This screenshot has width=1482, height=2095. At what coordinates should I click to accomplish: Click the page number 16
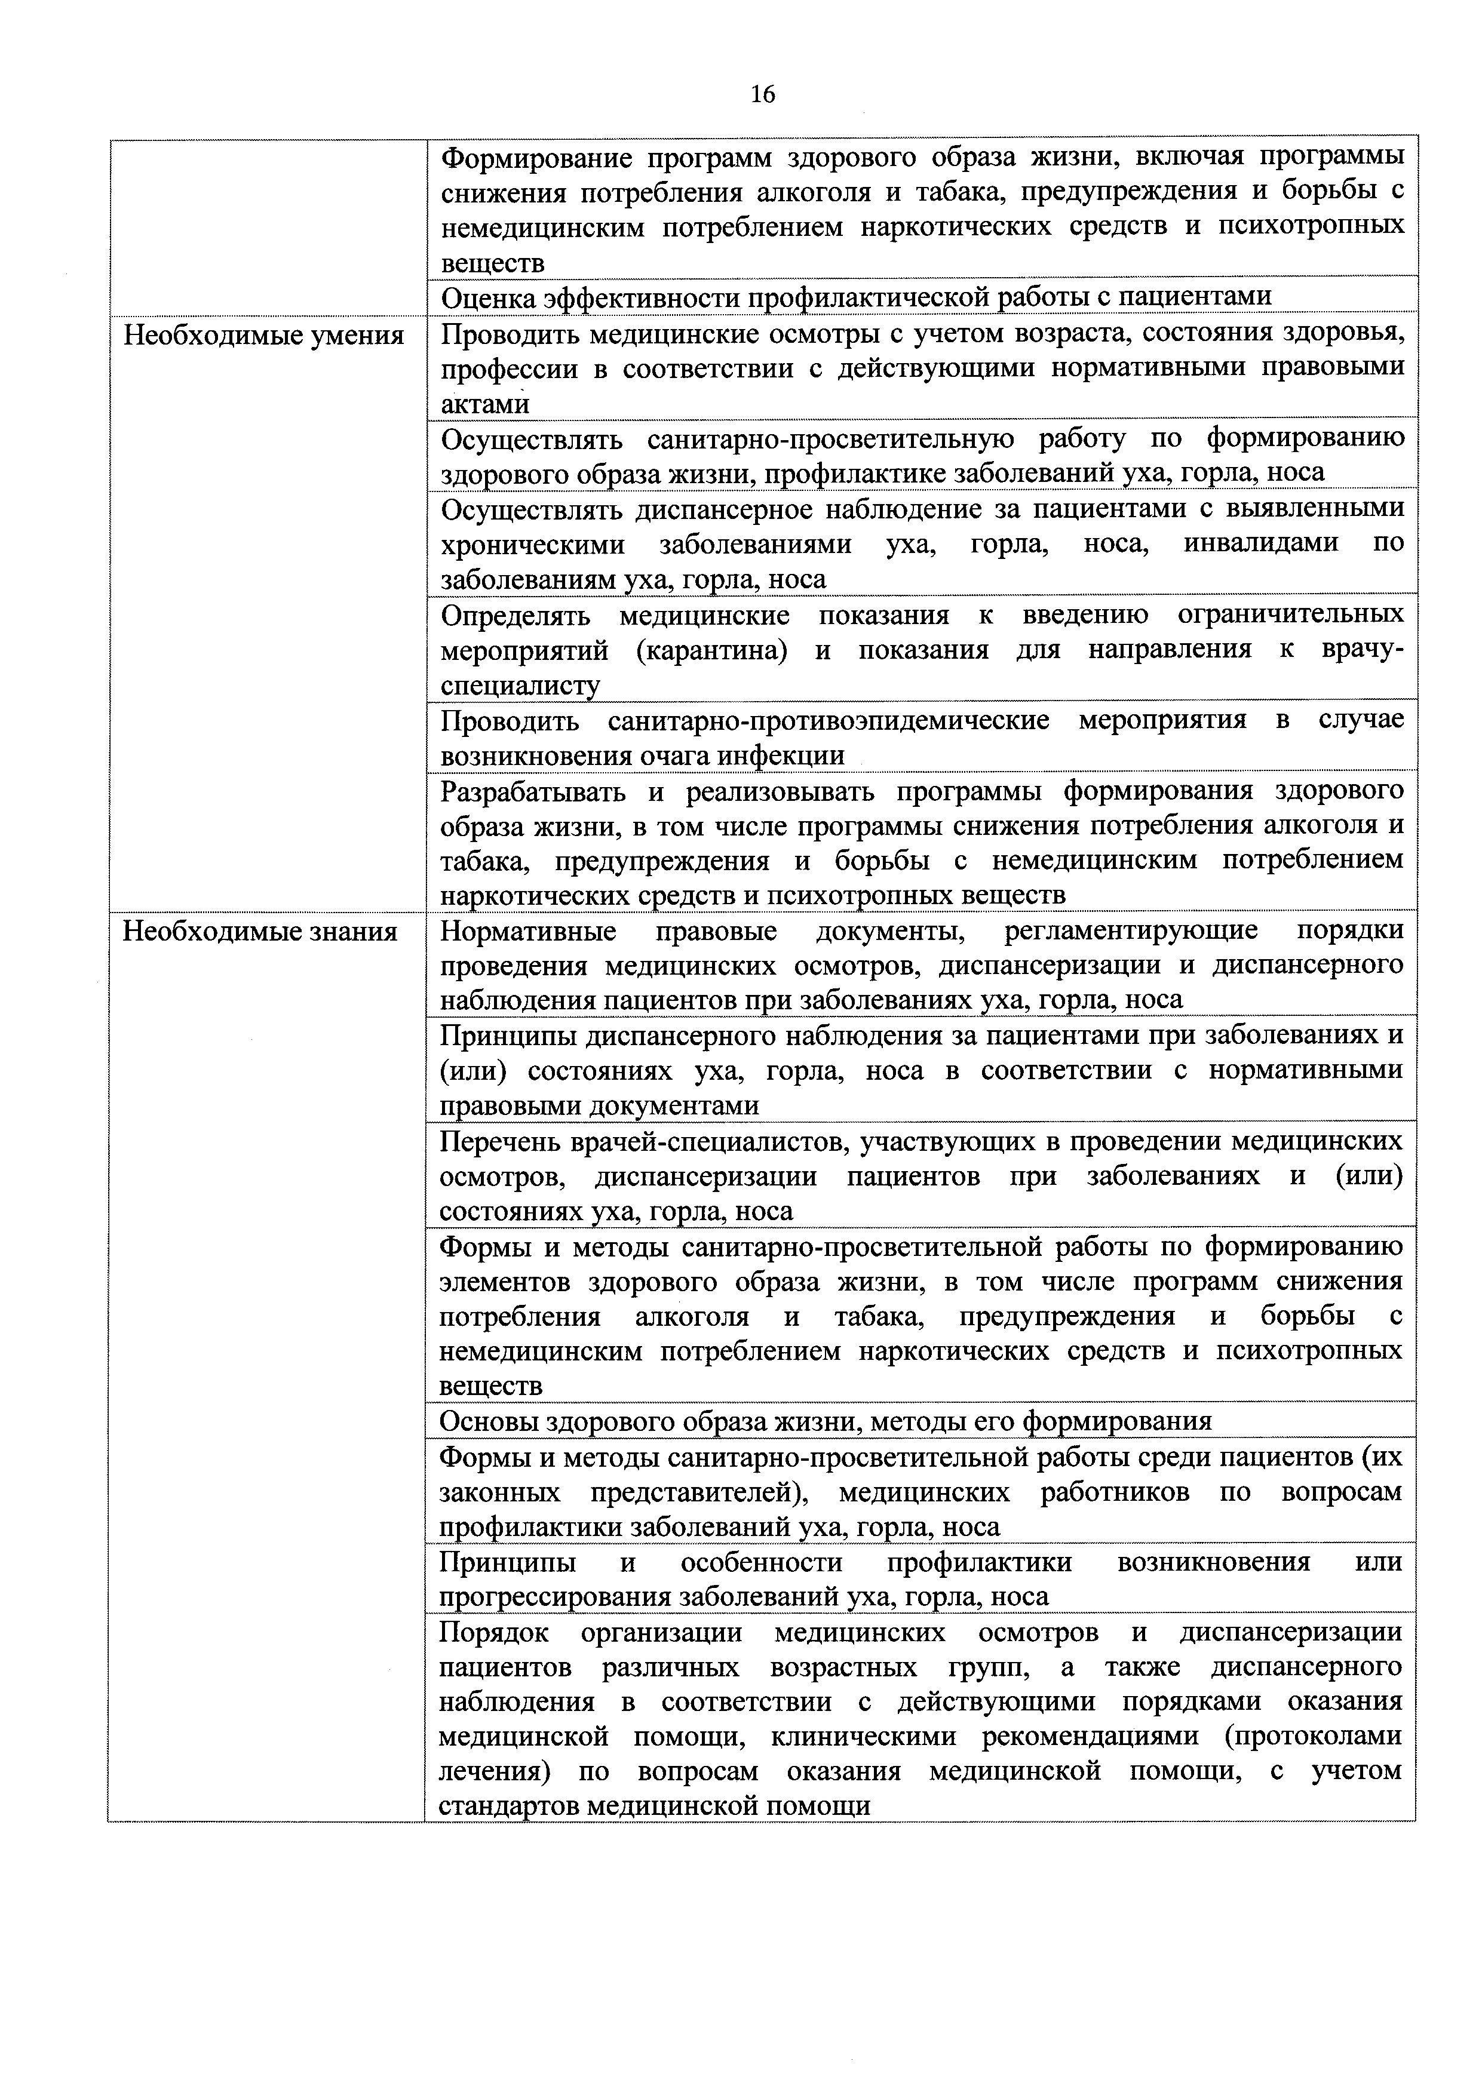click(763, 94)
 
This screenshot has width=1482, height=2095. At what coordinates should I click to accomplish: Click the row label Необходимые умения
click(264, 336)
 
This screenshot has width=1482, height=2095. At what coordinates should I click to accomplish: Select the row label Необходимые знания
click(260, 932)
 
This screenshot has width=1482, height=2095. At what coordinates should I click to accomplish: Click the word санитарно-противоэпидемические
click(828, 721)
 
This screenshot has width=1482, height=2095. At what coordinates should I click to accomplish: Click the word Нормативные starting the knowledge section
click(529, 932)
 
